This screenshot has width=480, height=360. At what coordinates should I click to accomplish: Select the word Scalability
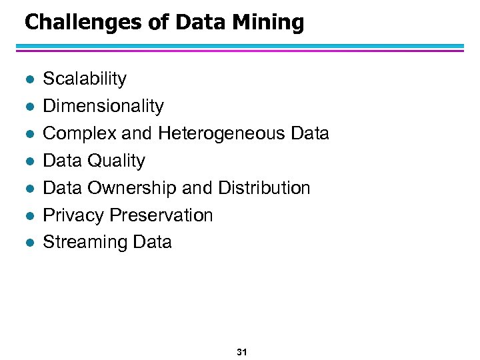(x=85, y=79)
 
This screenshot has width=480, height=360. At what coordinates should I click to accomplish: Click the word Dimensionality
(x=103, y=106)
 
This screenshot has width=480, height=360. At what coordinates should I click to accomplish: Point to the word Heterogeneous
(x=222, y=133)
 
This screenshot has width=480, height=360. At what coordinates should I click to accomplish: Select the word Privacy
(x=73, y=215)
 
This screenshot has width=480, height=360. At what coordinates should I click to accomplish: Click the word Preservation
(x=161, y=215)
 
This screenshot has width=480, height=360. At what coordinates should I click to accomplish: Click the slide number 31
(x=241, y=351)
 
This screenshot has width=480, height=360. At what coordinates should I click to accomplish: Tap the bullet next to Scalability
(x=27, y=79)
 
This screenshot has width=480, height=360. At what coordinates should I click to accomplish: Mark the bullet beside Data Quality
(x=27, y=161)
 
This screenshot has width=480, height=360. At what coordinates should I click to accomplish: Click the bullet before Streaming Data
(x=27, y=243)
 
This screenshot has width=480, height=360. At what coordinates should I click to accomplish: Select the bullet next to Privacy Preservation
(x=27, y=216)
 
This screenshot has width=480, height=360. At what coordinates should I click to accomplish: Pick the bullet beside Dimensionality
(x=27, y=107)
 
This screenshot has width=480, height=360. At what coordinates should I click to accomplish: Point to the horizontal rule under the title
(x=240, y=48)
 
